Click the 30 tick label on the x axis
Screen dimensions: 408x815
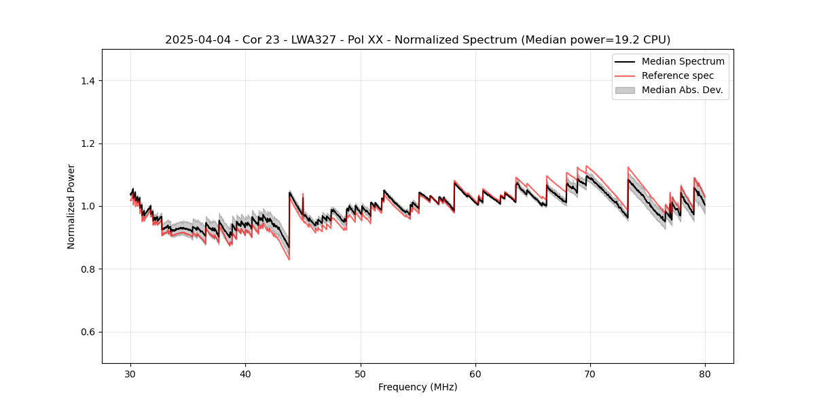coord(131,374)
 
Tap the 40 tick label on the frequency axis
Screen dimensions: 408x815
coord(246,374)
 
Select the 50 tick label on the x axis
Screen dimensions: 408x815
coord(361,374)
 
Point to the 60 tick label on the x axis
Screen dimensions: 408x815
coord(475,374)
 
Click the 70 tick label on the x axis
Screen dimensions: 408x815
coord(590,374)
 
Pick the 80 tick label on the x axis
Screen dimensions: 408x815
coord(705,374)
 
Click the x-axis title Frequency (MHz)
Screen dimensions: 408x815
coord(418,387)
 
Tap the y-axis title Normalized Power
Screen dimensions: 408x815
coord(71,206)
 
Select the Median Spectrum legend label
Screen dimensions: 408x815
coord(683,62)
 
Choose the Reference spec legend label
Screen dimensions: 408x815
coord(678,75)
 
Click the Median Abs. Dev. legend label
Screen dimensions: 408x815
coord(683,90)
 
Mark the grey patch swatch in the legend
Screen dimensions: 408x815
coord(625,90)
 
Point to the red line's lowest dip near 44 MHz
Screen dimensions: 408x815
coord(289,259)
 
